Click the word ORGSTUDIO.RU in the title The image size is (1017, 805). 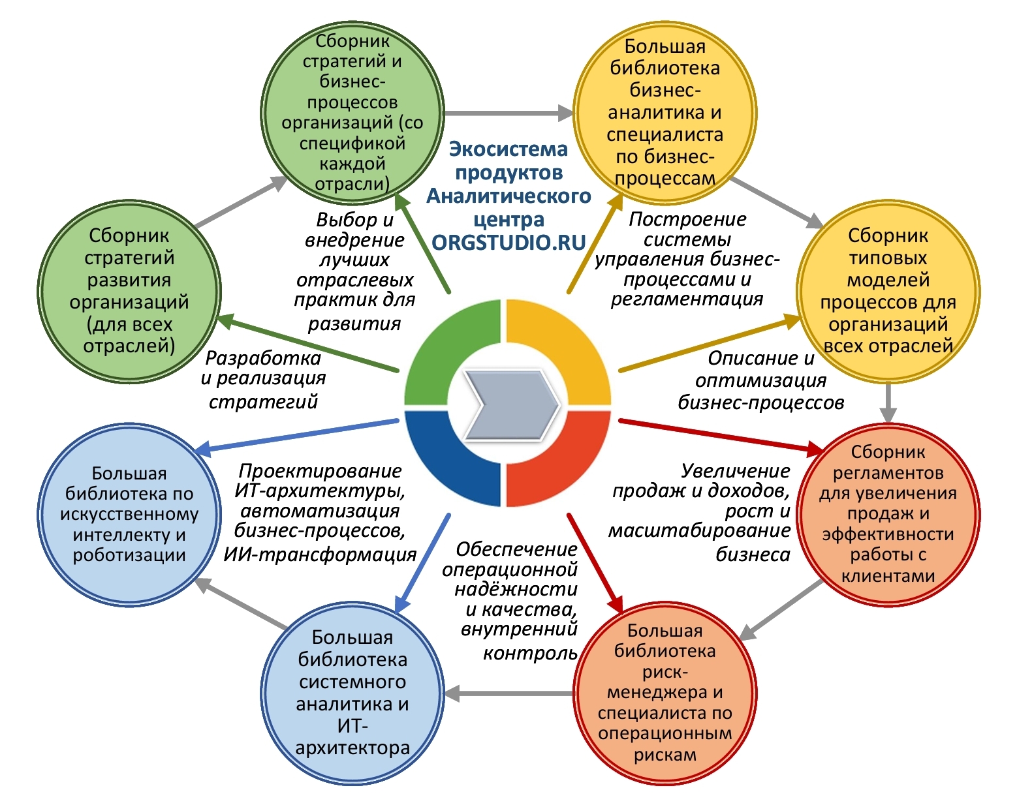508,242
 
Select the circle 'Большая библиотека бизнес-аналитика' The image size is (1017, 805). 665,112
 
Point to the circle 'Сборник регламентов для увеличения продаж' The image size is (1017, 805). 888,514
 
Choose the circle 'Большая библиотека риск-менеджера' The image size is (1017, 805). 665,692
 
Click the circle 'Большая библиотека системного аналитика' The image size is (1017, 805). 352,692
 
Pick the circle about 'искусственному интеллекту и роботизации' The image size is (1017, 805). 129,514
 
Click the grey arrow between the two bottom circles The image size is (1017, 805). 508,693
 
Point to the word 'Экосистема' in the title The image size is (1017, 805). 508,149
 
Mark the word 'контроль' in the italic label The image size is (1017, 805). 530,653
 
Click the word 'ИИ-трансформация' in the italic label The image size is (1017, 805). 320,554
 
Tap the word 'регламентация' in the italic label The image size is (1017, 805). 687,299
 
